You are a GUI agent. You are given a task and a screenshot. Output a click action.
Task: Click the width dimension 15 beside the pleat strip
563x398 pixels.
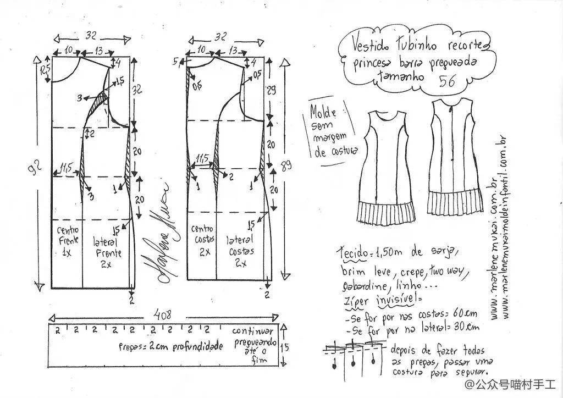[x=285, y=347]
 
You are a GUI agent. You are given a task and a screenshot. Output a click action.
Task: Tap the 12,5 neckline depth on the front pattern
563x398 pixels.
[x=45, y=69]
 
